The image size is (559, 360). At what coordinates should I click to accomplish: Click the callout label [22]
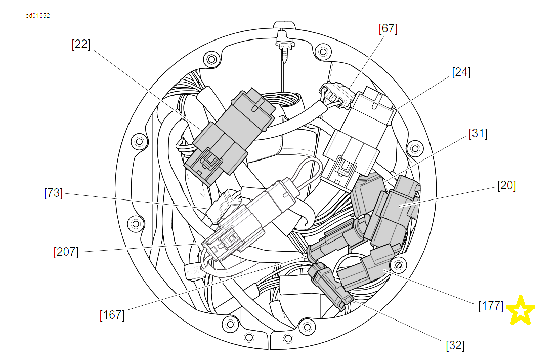(81, 45)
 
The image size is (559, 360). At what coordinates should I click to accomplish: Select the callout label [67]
(388, 28)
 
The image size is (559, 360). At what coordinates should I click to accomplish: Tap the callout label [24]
(461, 72)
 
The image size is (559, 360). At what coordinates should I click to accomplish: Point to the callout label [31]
(478, 134)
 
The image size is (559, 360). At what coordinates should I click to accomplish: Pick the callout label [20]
(506, 185)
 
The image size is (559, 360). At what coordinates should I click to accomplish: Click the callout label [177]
(491, 306)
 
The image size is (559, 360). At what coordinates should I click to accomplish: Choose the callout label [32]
(455, 345)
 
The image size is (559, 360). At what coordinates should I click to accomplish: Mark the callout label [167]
(112, 315)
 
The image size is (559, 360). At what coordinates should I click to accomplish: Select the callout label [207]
(66, 252)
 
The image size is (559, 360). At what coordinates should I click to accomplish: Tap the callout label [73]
(53, 193)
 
